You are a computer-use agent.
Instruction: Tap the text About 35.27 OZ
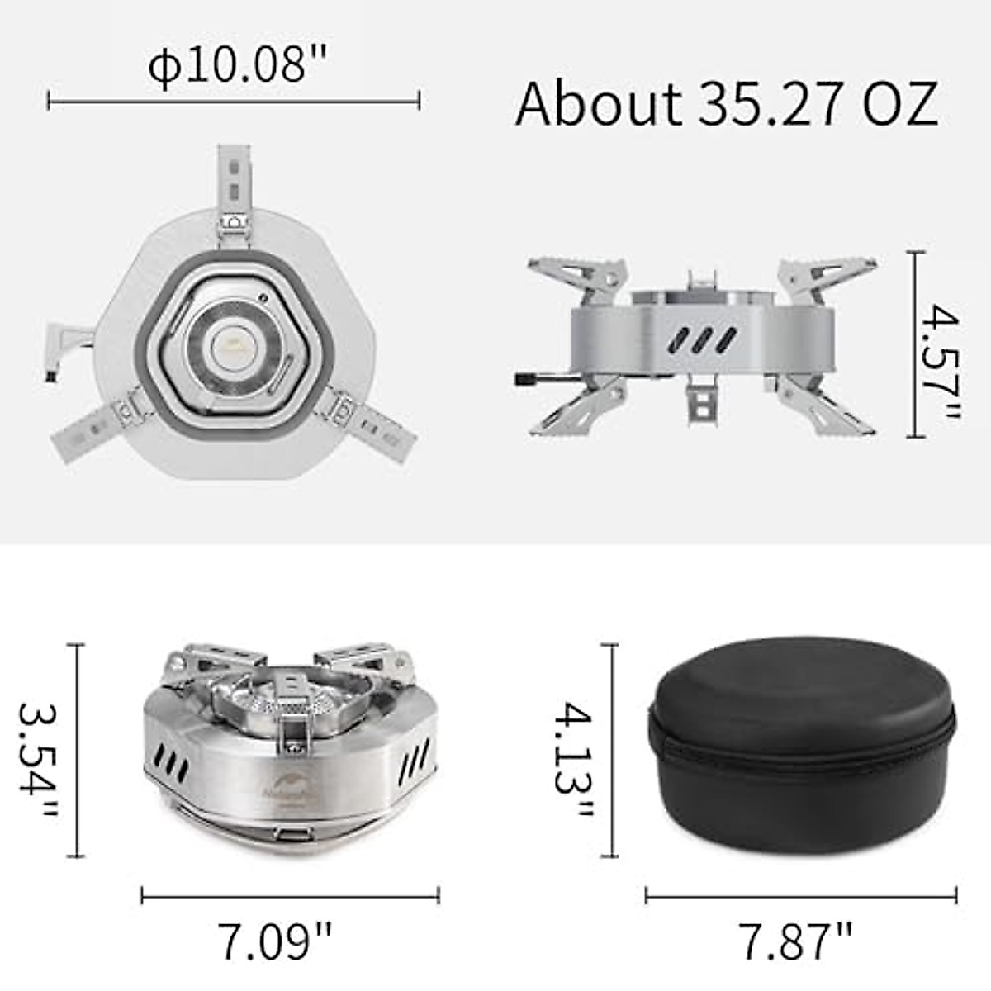pos(727,103)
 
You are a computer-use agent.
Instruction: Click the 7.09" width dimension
pos(275,941)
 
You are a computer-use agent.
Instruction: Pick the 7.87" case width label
pos(794,941)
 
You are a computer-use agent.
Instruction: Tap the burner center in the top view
pos(232,345)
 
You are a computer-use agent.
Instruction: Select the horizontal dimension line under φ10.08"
pos(234,101)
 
